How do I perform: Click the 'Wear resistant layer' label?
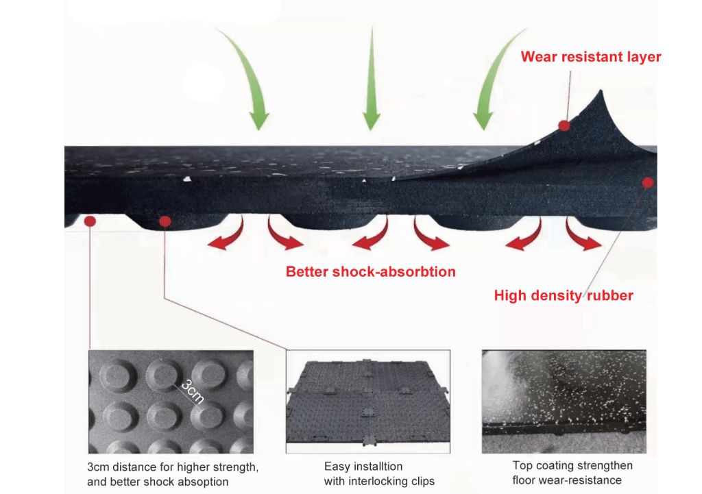(591, 57)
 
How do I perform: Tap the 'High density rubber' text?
(564, 296)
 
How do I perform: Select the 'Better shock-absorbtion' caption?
(370, 271)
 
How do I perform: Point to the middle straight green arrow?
(371, 79)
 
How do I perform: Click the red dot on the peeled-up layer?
(564, 125)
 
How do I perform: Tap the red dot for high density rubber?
(647, 182)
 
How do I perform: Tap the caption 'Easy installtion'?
(363, 467)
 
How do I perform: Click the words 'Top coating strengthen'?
(572, 466)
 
